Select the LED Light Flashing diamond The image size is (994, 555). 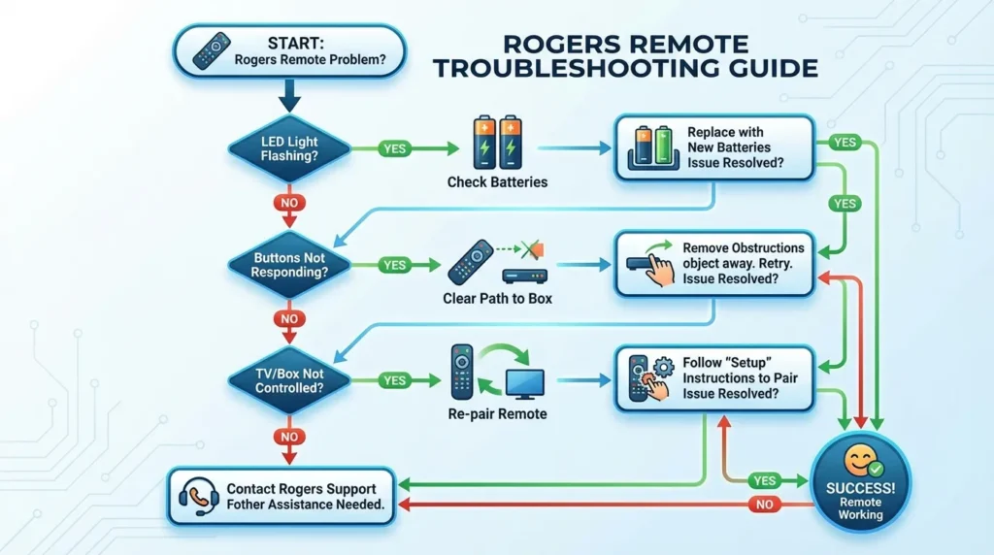click(x=289, y=150)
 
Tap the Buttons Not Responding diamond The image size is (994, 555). click(x=289, y=265)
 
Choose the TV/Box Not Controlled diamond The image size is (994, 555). click(x=289, y=380)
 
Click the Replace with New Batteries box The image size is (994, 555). click(x=714, y=147)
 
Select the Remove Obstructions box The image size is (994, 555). click(x=714, y=263)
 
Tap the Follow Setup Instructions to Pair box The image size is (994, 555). click(x=714, y=378)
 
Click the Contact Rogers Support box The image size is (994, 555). click(x=282, y=497)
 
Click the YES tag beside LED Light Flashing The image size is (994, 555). click(x=394, y=149)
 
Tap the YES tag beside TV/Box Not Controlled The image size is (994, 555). click(x=394, y=380)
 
